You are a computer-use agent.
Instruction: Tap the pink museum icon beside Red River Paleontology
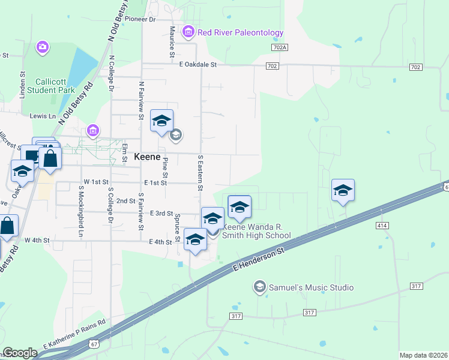tap(188, 31)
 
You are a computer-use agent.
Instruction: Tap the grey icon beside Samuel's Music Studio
tap(259, 287)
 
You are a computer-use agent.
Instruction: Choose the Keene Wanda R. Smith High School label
tap(257, 231)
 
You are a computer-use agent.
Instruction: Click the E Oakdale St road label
tap(197, 64)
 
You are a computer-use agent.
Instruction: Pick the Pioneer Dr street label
tap(140, 20)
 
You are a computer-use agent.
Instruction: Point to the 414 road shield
tap(382, 225)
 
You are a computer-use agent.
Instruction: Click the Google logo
tap(20, 353)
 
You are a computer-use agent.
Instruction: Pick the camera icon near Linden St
tap(42, 47)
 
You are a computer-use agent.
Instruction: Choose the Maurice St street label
tap(172, 38)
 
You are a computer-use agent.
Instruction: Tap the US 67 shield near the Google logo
tap(94, 344)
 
